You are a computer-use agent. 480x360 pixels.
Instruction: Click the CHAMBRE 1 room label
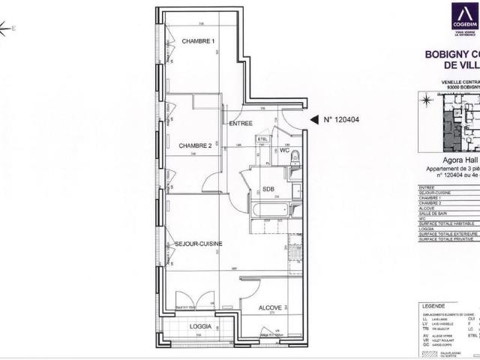click(x=198, y=40)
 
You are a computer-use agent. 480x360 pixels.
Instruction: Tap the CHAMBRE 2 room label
click(x=195, y=145)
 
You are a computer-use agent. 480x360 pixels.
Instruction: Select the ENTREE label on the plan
click(x=240, y=123)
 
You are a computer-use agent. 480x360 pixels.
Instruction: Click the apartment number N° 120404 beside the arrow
click(x=342, y=119)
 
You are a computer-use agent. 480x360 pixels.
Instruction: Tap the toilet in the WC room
click(x=295, y=157)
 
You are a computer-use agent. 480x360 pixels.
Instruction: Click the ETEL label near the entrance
click(x=262, y=139)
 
